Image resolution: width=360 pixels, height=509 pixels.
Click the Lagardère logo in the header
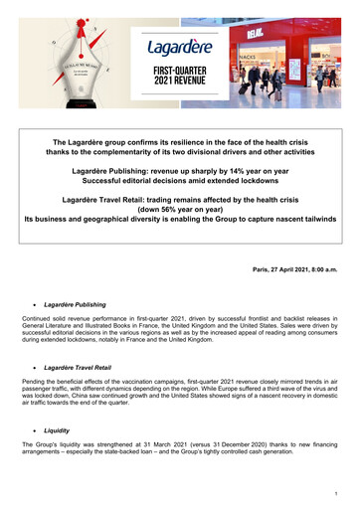point(179,50)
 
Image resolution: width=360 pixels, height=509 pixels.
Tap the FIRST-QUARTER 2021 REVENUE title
point(179,78)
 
